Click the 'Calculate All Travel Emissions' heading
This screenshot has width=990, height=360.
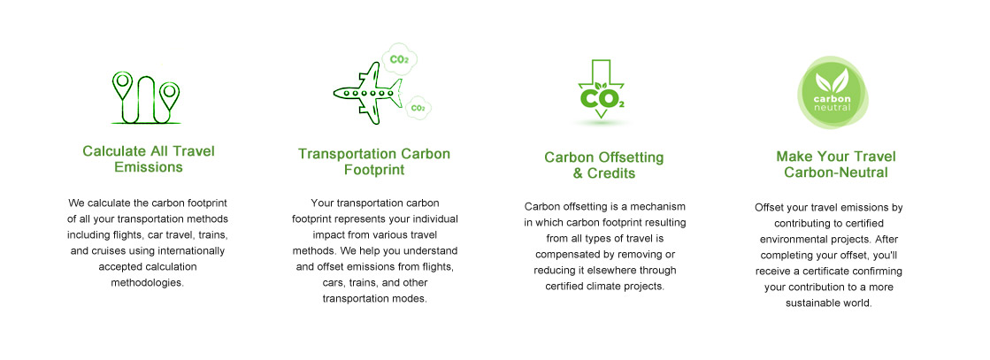pos(149,159)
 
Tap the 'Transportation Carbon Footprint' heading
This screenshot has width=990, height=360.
pos(374,162)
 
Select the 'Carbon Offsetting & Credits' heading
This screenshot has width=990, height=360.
pos(604,165)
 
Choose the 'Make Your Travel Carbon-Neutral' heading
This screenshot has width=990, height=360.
pos(836,165)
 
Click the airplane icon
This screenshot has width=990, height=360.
pos(367,94)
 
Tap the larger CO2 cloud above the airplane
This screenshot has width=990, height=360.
pos(399,58)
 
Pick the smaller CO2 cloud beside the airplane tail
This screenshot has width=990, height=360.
pos(418,107)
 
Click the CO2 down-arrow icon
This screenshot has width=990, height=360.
pos(602,89)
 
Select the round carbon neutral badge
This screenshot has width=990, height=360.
pos(833,92)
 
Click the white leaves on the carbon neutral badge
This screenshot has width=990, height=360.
pos(833,80)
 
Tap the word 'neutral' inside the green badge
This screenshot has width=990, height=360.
pos(833,107)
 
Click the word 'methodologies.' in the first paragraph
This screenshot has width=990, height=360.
pos(148,282)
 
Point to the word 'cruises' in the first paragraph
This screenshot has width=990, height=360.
pos(107,250)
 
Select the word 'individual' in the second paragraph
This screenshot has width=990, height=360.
pos(434,218)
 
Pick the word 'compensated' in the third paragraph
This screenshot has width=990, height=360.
pos(564,254)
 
